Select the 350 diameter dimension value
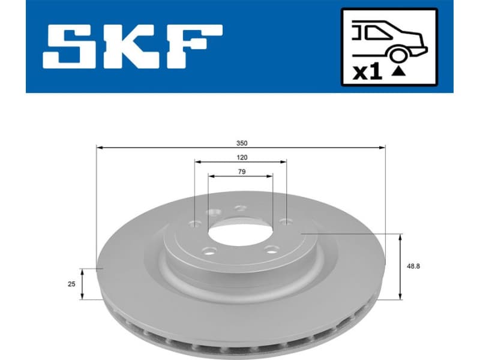[x=241, y=143]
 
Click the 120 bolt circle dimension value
[x=241, y=158]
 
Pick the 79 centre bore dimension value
[x=241, y=172]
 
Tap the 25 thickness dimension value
[x=71, y=284]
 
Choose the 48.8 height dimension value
[x=413, y=266]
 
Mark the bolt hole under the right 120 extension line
[x=286, y=223]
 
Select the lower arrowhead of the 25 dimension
[x=83, y=296]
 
